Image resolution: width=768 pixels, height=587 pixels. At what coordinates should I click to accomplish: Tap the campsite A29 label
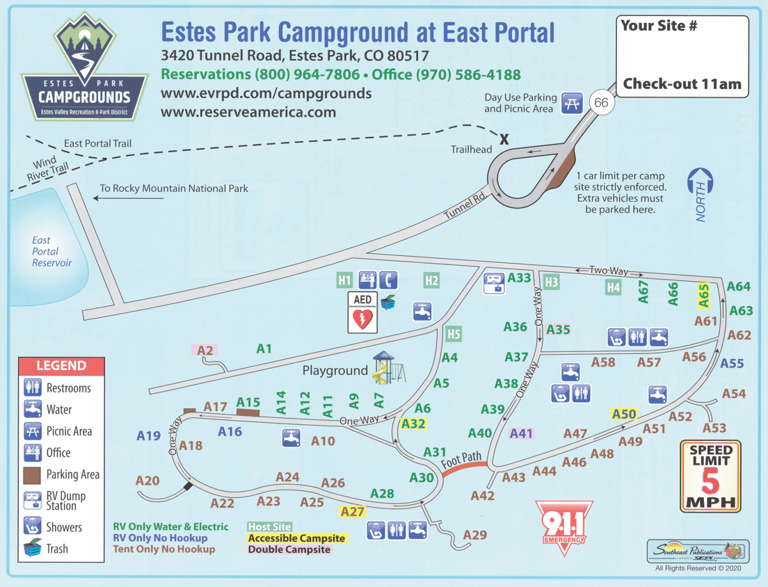475,535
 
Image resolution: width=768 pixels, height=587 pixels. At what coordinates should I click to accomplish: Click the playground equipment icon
388,368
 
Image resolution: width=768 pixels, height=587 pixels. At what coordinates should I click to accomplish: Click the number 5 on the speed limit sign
710,481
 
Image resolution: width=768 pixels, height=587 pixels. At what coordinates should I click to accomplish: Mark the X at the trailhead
504,140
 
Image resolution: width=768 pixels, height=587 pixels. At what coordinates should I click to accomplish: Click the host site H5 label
454,335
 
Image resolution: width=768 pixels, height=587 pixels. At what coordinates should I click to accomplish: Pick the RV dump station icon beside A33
494,282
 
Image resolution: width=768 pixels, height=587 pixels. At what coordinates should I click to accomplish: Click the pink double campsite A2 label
205,351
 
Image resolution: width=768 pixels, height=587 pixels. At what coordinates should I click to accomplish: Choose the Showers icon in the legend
32,526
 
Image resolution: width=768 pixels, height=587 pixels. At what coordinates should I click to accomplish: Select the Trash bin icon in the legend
32,549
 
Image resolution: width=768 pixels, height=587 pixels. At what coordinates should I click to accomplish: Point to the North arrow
700,194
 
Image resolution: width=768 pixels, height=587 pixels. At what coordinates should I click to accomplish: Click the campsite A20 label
147,481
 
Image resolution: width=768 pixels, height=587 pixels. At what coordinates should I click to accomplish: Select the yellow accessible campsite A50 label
624,415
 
